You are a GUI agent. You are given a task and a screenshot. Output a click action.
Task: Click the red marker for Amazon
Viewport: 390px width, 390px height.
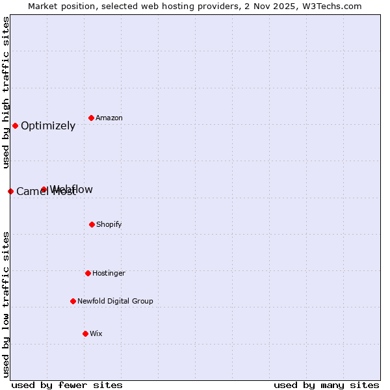click(91, 118)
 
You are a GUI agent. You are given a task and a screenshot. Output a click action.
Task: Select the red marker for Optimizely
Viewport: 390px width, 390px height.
click(15, 125)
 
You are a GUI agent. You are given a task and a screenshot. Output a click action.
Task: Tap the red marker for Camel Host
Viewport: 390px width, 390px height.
click(10, 191)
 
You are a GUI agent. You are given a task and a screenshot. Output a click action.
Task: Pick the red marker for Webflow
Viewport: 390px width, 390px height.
click(44, 190)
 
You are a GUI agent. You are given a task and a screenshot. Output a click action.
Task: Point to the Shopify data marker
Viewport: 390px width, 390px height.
click(92, 224)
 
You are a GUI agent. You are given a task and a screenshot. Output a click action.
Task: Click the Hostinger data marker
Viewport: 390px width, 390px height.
click(88, 273)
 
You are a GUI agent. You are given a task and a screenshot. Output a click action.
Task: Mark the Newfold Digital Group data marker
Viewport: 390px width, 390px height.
click(73, 301)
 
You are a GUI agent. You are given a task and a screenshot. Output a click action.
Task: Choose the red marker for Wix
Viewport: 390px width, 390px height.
click(85, 333)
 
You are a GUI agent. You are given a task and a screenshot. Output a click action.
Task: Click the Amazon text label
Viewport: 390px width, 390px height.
click(109, 118)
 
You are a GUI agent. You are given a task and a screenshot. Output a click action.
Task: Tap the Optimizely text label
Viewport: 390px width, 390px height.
click(48, 126)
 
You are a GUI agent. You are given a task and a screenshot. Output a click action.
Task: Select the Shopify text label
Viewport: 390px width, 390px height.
click(109, 225)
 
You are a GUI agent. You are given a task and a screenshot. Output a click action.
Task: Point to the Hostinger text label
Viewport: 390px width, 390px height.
click(109, 274)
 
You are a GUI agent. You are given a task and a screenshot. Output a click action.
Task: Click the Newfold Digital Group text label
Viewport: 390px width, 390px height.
click(115, 302)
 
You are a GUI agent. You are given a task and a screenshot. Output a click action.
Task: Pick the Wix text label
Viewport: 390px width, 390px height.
click(96, 334)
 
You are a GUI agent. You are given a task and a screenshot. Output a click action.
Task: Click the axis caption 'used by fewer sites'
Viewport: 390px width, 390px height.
click(67, 385)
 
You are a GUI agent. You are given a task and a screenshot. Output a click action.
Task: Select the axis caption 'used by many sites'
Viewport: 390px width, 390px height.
click(326, 385)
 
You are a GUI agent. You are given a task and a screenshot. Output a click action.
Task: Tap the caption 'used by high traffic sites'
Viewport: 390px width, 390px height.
click(6, 92)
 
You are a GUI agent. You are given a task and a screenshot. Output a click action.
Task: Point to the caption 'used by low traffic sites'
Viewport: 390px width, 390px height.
click(6, 304)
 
